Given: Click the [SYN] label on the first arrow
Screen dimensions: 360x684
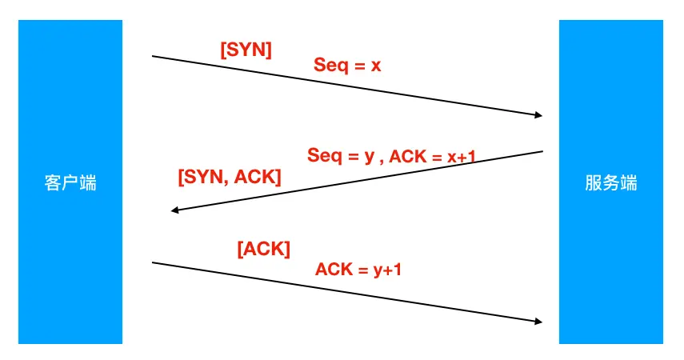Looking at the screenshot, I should (x=246, y=50).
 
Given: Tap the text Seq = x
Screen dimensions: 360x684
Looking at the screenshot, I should (x=346, y=65).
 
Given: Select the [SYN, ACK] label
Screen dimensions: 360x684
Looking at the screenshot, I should (x=229, y=177).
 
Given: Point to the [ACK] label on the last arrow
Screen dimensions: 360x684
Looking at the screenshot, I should (x=263, y=249).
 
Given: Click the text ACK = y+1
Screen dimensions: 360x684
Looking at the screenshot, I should (x=358, y=269).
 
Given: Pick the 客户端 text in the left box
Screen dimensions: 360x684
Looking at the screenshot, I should (x=70, y=182).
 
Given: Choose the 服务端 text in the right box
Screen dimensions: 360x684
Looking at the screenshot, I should (x=610, y=182).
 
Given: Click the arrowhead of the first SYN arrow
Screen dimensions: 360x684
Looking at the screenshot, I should (x=538, y=115).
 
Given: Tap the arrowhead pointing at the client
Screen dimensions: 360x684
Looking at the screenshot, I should (x=174, y=210).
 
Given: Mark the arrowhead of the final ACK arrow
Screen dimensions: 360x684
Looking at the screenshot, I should (x=538, y=322).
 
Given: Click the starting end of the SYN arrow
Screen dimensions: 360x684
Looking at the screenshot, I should (x=153, y=56).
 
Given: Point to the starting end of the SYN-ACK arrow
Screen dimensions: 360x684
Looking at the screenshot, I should (x=543, y=150).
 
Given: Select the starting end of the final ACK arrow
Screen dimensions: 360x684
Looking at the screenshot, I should (x=153, y=262).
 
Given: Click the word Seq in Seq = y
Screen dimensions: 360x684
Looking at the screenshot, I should (x=323, y=156).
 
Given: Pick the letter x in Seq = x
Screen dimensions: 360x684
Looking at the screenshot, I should (x=376, y=66).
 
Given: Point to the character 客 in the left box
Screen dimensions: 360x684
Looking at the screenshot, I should (x=52, y=182).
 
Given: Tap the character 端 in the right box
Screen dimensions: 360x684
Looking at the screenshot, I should (x=629, y=182).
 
